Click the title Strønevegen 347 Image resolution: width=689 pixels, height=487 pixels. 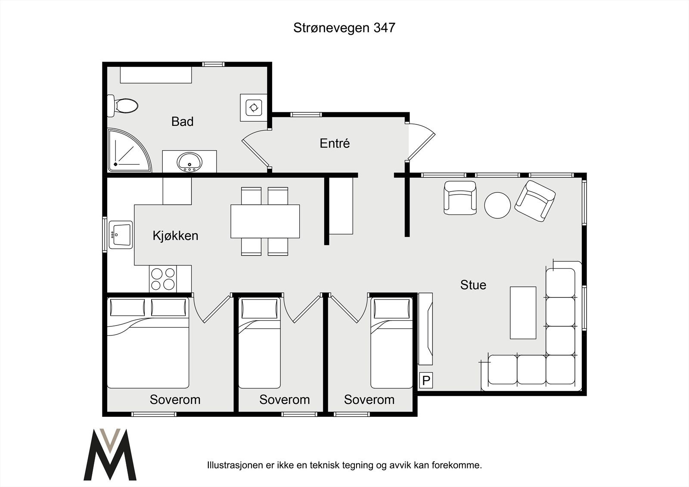tap(344, 28)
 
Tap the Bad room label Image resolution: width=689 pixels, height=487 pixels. tap(183, 121)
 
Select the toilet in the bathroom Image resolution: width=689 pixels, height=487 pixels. tap(122, 105)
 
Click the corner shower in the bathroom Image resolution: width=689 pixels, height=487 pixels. tap(129, 150)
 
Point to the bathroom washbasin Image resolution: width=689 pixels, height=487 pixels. tap(189, 162)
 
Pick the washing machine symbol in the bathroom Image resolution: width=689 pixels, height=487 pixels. tap(254, 108)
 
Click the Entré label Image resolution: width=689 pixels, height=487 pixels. tap(335, 143)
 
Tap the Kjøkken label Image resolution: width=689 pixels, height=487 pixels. tap(175, 236)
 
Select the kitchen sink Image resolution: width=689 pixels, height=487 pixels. tap(121, 235)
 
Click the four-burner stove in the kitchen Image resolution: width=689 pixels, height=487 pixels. tap(163, 279)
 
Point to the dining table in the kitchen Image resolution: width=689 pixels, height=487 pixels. tap(265, 221)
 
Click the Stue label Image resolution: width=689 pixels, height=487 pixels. tap(473, 285)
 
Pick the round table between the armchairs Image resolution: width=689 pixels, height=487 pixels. tap(497, 205)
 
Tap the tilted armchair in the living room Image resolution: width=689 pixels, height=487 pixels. tap(535, 201)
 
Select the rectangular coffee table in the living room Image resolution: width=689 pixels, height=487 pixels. tap(523, 313)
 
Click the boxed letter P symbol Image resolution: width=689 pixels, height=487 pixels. tap(426, 380)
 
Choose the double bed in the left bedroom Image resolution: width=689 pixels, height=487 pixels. tap(148, 343)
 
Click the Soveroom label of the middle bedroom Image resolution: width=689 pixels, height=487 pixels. tap(285, 400)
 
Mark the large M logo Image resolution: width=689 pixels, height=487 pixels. tap(110, 454)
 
